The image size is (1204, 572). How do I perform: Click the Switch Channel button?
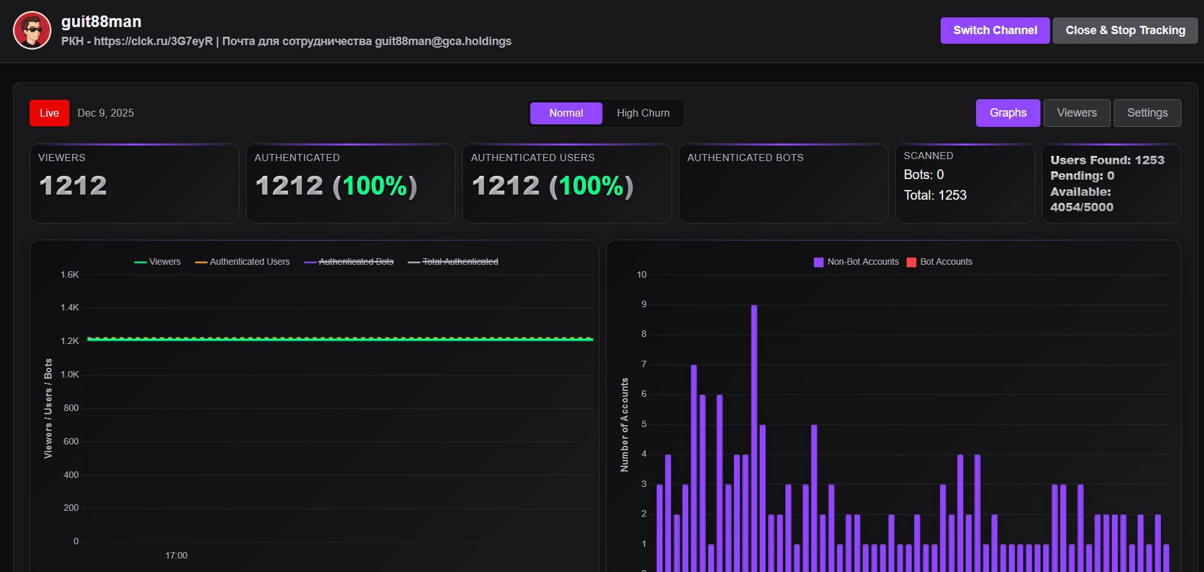pos(995,30)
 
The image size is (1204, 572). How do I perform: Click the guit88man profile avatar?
pos(32,30)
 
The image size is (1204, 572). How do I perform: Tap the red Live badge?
pos(49,113)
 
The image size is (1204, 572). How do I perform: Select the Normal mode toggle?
pos(566,113)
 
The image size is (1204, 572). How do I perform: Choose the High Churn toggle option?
pos(643,113)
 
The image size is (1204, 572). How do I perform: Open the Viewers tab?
pos(1077,113)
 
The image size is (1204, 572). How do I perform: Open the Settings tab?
pos(1147,113)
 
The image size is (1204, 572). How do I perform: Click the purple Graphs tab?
pos(1008,113)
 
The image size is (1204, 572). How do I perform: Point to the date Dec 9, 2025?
pos(106,113)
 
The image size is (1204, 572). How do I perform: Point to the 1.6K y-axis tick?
pos(70,274)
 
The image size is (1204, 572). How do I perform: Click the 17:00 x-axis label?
pos(176,555)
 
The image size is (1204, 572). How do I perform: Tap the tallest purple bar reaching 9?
pos(754,438)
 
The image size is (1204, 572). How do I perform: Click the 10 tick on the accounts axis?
pos(641,274)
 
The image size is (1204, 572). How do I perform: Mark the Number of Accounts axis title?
pos(625,424)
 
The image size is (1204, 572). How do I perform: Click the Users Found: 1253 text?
pos(1107,160)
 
